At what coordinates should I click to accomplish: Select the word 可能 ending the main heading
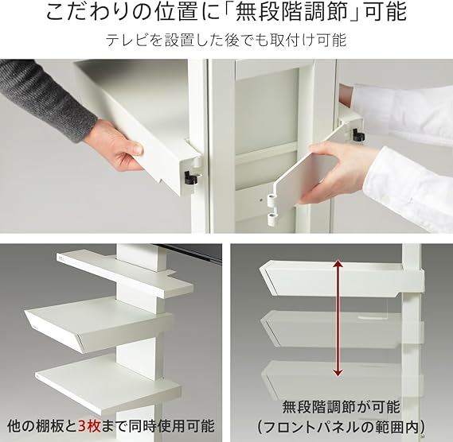[385, 12]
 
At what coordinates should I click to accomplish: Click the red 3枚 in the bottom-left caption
[89, 426]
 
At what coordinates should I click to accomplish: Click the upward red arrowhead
[338, 263]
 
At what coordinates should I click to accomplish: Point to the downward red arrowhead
[338, 373]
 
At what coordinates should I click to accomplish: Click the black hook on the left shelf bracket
[191, 177]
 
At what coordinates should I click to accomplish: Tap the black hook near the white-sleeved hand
[358, 134]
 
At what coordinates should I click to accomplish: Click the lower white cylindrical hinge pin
[272, 219]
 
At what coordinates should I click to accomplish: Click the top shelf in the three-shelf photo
[124, 274]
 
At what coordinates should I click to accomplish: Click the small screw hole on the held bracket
[261, 199]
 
